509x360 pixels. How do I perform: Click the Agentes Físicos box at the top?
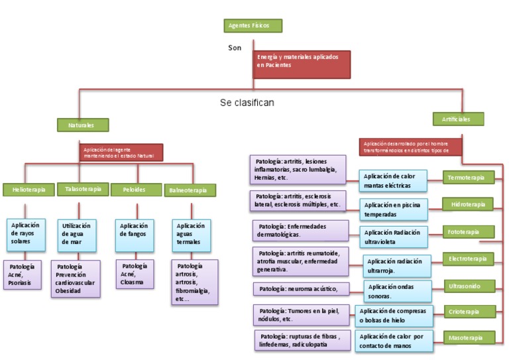coord(253,26)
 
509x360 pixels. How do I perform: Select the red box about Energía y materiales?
coord(301,64)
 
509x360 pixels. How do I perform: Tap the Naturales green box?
coord(82,125)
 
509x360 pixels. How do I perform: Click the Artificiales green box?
coord(458,119)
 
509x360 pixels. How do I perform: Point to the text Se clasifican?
coord(247,103)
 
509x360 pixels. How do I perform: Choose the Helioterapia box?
coord(28,190)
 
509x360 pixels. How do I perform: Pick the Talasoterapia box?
coord(83,189)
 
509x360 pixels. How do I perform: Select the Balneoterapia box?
coord(190,190)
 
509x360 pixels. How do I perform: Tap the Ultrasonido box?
coord(470,286)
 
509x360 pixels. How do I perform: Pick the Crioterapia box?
coord(470,312)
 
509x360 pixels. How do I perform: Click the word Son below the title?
coord(235,48)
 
